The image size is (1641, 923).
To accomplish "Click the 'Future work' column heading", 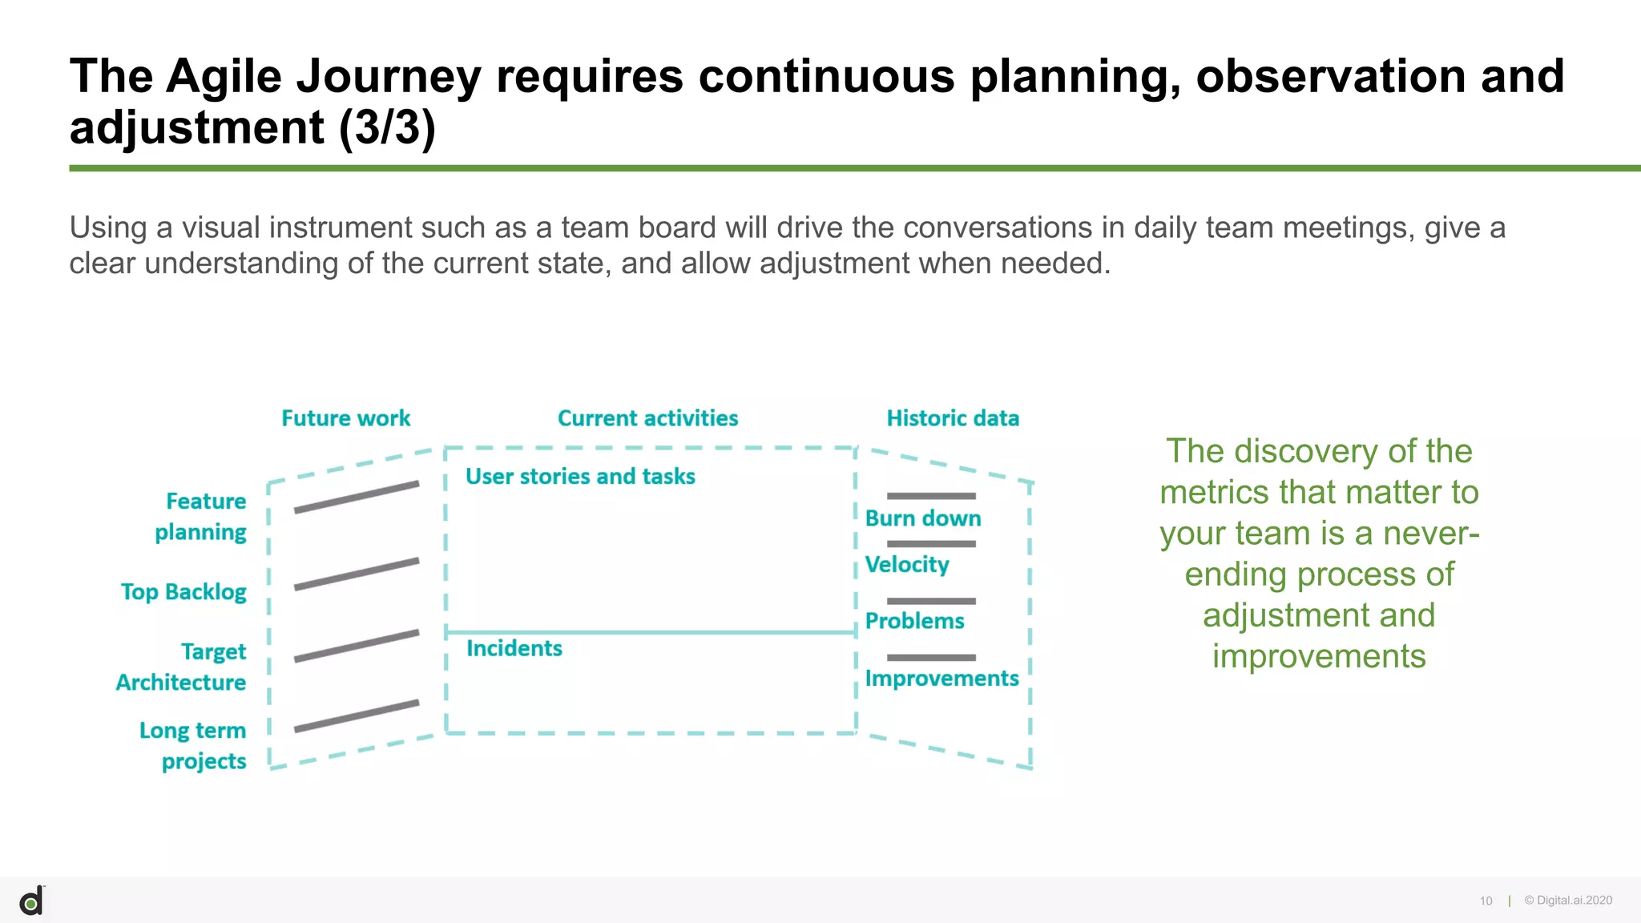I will coord(345,418).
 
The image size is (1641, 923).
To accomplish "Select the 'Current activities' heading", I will coord(647,418).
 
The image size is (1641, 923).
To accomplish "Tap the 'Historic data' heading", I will coord(953,418).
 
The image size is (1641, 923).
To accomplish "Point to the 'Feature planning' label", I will coord(201,517).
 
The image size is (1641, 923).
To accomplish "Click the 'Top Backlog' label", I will coord(183,592).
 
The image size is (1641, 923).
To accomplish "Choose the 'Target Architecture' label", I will coord(182,667).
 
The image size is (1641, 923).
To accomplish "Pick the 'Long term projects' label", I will coord(193,745).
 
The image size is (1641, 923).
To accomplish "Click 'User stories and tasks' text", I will coord(580,477).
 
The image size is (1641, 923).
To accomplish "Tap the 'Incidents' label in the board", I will coord(514,648).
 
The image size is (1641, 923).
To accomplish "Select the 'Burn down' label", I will coord(923,518).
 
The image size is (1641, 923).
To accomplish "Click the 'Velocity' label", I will coord(907,565).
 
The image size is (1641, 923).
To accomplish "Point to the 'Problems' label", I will coord(914,621).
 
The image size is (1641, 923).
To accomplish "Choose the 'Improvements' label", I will coord(941,679).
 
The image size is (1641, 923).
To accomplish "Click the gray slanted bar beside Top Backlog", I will coord(357,574).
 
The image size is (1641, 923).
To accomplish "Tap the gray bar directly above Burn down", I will coord(931,496).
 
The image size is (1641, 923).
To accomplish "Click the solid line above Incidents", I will coord(651,632).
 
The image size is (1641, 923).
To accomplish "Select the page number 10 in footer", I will coord(1486,901).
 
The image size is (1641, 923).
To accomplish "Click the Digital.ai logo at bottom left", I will coord(31,901).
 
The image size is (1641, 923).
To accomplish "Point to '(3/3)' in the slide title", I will coord(387,128).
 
